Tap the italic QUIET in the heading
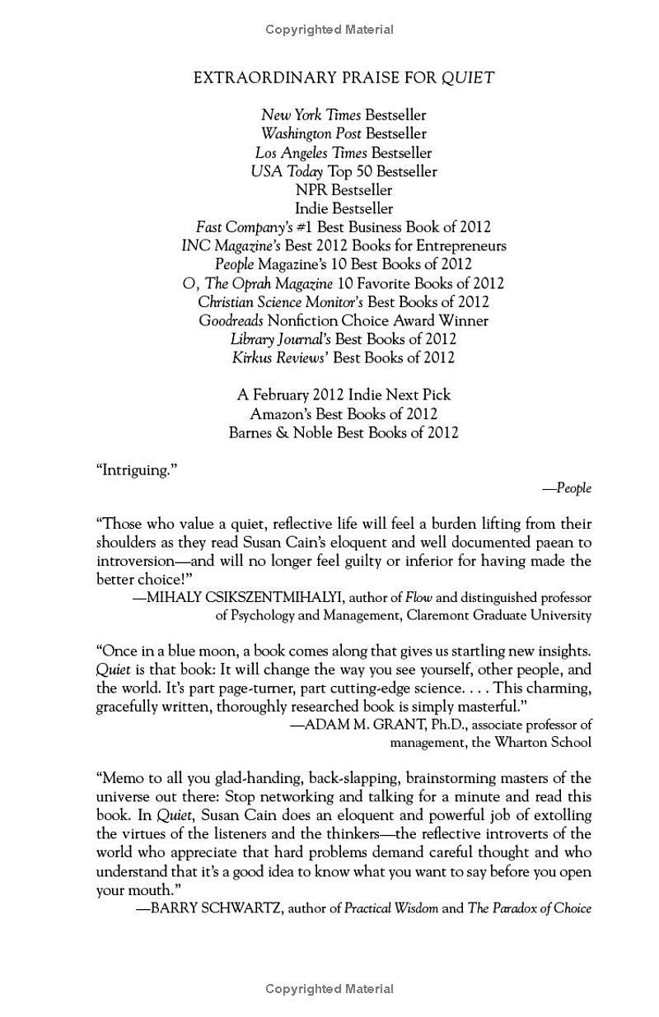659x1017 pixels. [x=467, y=78]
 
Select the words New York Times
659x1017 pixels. [x=311, y=115]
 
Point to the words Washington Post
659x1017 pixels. [x=311, y=133]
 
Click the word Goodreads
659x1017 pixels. [x=231, y=320]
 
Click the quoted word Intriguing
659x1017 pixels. [x=137, y=469]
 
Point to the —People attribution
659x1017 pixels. [x=567, y=488]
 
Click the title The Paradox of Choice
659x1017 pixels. [x=530, y=908]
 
